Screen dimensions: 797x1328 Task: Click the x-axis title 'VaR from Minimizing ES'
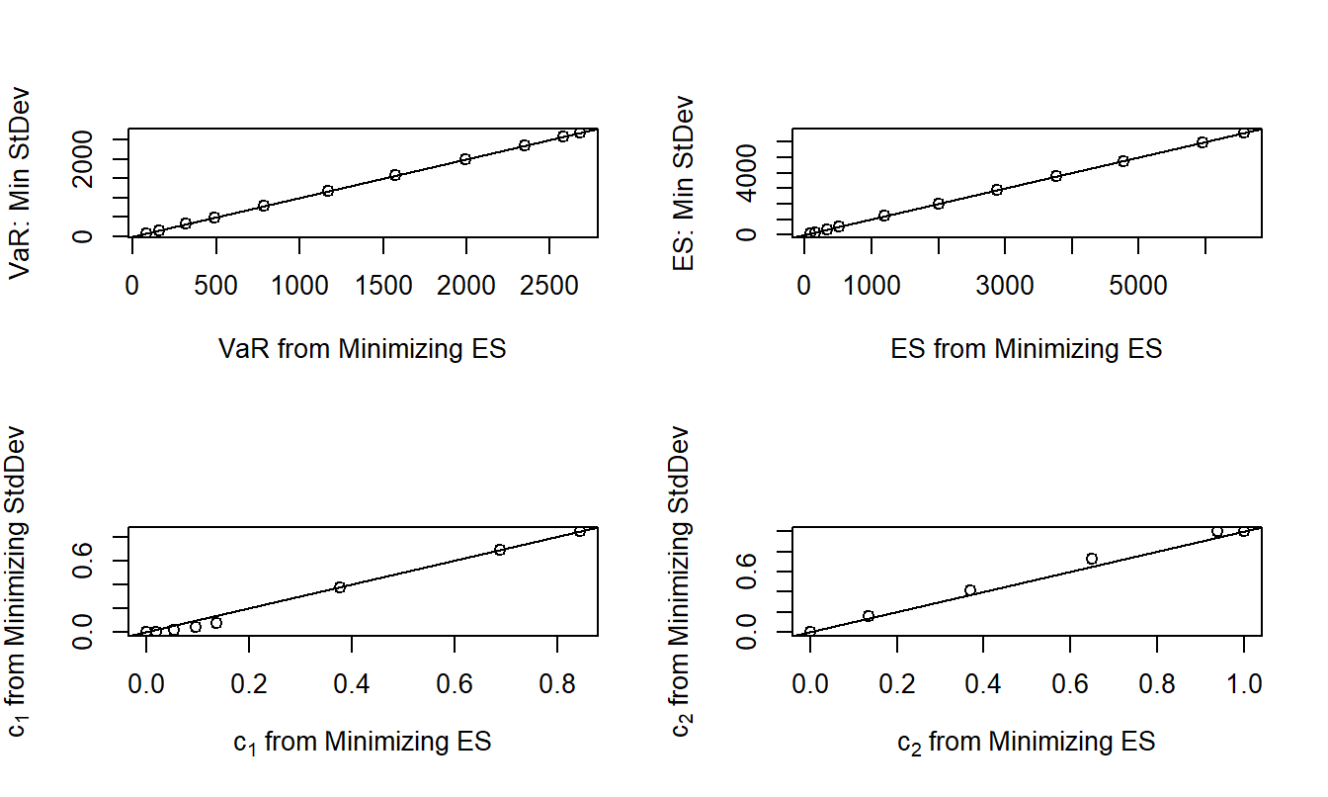coord(362,348)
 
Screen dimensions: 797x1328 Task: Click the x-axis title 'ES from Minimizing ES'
coord(1026,348)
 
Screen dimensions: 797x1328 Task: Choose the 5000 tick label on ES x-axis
coord(1138,287)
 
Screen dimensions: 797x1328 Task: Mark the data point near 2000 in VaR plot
coord(465,159)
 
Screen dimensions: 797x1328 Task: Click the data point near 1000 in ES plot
coord(884,216)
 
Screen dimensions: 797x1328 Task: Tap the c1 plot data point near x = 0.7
coord(500,550)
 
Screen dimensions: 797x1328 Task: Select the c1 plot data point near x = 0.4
coord(340,587)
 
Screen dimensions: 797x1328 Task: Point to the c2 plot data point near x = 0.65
coord(1092,559)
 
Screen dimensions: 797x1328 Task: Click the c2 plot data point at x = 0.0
coord(810,632)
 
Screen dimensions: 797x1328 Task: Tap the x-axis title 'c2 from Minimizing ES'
coord(1026,742)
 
